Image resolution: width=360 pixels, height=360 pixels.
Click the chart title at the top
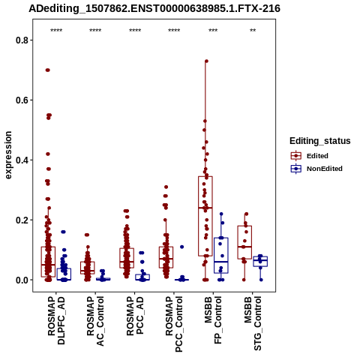(154, 9)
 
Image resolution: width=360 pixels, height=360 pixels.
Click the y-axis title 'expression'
(8, 155)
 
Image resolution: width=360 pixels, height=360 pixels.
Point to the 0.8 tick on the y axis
(22, 40)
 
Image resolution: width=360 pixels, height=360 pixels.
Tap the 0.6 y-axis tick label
(22, 100)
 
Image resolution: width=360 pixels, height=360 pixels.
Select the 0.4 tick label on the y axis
(22, 160)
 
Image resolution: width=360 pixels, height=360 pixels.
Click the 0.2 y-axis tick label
(22, 220)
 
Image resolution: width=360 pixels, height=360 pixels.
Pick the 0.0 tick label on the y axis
(22, 280)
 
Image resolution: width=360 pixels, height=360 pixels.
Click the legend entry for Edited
(310, 156)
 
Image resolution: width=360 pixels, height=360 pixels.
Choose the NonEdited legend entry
(316, 169)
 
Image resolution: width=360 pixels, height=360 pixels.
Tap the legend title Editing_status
(320, 141)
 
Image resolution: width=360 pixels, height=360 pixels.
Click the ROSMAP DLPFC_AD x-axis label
(56, 320)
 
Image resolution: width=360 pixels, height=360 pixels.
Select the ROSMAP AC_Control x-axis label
(95, 321)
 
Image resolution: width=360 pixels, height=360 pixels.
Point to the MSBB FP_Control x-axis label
(213, 320)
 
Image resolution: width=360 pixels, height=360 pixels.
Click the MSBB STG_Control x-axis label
(253, 323)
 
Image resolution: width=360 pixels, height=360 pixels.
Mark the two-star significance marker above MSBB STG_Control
(253, 30)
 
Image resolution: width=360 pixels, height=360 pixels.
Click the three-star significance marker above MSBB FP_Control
(213, 30)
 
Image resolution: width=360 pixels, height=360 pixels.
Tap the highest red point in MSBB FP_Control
(206, 61)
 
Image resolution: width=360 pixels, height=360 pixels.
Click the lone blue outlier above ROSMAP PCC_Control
(182, 247)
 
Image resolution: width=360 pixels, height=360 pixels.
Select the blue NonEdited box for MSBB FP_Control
(221, 255)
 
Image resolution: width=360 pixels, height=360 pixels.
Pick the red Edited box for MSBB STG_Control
(244, 242)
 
